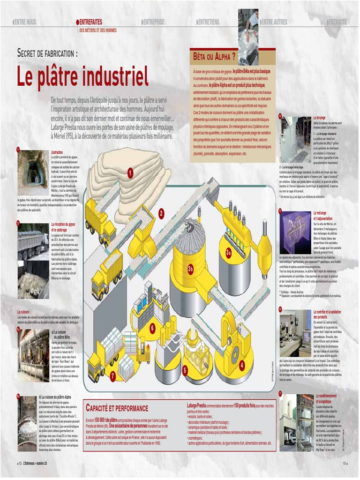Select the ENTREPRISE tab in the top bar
(x=153, y=22)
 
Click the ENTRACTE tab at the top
(x=337, y=22)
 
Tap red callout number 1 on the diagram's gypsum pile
(x=130, y=173)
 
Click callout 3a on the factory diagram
(x=229, y=253)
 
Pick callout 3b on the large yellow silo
(x=190, y=269)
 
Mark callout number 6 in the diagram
(x=152, y=329)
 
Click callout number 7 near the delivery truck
(x=113, y=375)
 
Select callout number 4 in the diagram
(x=242, y=364)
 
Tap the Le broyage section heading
(x=320, y=117)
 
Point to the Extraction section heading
(x=57, y=152)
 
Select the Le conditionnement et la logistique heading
(x=326, y=399)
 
